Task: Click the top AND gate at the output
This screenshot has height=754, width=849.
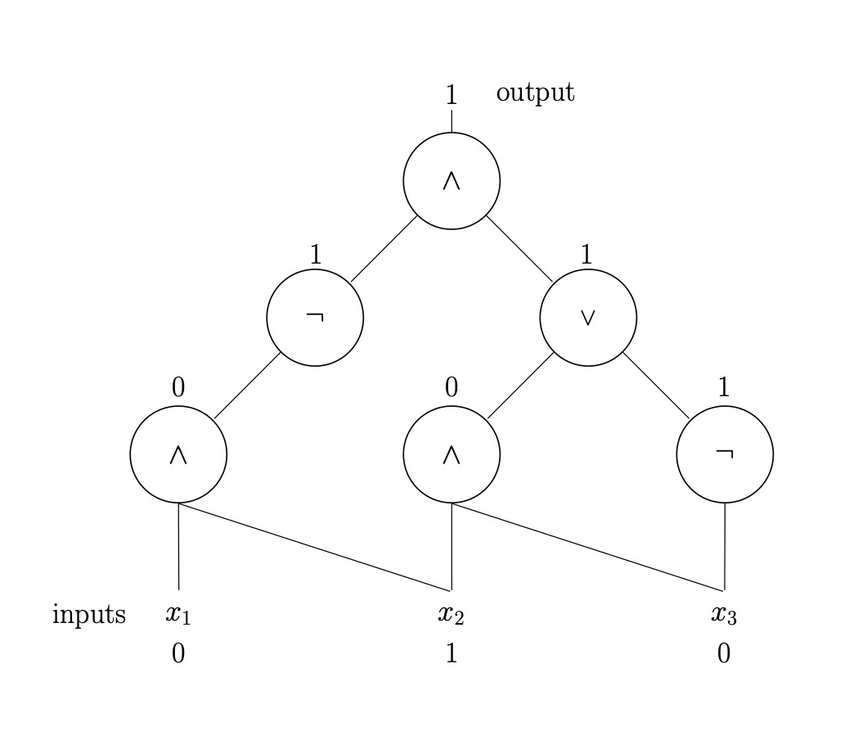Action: [x=451, y=181]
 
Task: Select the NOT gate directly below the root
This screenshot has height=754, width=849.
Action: [x=315, y=318]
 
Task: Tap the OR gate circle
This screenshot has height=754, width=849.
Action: [x=588, y=318]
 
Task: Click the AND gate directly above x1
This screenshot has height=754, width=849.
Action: [x=178, y=454]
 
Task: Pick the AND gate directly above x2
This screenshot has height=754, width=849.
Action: [x=451, y=454]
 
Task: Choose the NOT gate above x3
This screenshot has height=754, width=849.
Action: [x=725, y=454]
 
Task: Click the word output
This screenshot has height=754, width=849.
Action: [x=535, y=93]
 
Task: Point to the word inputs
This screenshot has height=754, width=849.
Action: [x=89, y=614]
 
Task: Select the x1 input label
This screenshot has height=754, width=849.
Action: [x=178, y=614]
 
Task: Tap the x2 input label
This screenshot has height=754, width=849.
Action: [x=451, y=614]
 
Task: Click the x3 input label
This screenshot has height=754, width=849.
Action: [x=724, y=614]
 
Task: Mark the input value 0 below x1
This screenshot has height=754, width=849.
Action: [x=178, y=653]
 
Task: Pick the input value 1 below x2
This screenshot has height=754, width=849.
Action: [x=451, y=653]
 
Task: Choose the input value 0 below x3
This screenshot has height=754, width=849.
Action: [x=724, y=653]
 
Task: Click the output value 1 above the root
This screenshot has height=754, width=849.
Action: [x=451, y=95]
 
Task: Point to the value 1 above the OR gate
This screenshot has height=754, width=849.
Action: [x=586, y=255]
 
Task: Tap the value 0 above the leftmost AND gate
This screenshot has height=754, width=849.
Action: [x=178, y=387]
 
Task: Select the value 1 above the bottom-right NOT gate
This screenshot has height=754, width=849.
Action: [x=723, y=387]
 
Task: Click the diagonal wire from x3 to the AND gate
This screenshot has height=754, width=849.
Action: [x=587, y=547]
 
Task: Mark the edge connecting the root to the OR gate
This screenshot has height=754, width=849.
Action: [x=519, y=249]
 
